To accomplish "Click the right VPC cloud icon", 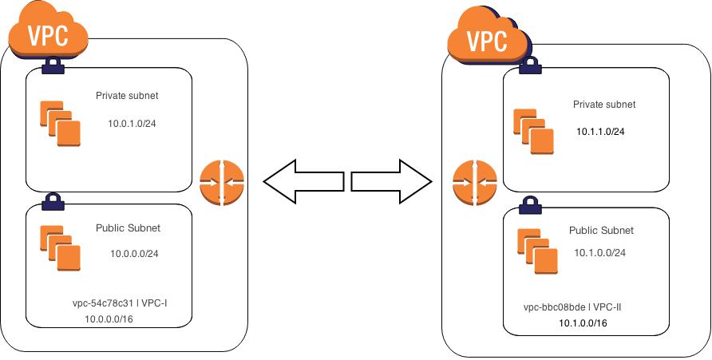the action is point(489,38).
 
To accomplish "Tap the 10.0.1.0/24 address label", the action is point(133,124).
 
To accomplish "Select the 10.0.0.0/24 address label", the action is point(134,254).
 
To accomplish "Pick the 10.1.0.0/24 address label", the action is point(599,253).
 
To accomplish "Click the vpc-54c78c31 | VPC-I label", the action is point(120,303).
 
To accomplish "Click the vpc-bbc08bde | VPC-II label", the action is point(572,308).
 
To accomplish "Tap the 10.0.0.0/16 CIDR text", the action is point(109,319).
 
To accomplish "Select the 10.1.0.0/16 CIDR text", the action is point(583,323).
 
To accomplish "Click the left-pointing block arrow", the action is point(303,181).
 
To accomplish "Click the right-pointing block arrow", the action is point(391,181).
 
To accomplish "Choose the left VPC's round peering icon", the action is point(222,183).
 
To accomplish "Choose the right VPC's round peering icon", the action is point(475,183).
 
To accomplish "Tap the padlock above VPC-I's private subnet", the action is point(53,65).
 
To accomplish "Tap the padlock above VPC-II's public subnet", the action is point(530,206).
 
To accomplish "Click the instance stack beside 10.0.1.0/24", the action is point(60,124).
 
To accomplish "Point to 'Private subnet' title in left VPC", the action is point(127,96).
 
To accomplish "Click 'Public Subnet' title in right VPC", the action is point(601,231).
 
